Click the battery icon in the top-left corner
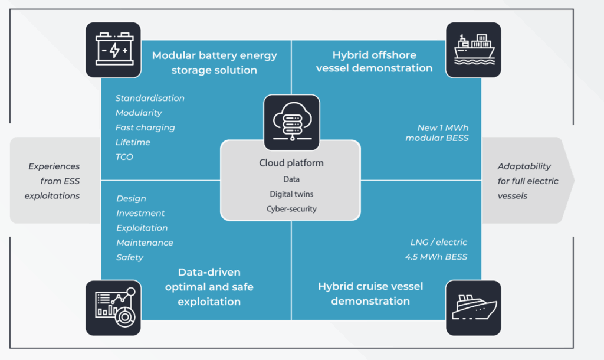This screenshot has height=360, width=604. pos(113,50)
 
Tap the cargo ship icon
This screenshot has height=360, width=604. pos(474,50)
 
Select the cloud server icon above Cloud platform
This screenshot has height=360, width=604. pos(291,123)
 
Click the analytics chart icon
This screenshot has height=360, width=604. pos(113,307)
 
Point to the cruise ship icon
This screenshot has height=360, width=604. pos(474,307)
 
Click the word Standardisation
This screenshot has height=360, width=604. pos(150,99)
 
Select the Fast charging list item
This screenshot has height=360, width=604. pos(145,127)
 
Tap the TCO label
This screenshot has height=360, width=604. pos(124,157)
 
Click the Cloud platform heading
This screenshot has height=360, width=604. pos(291,163)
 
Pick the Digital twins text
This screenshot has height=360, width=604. pos(291,194)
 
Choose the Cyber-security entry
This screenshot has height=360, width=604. pos(291,209)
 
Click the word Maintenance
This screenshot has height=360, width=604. pos(145,243)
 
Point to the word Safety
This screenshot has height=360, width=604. pos(130,257)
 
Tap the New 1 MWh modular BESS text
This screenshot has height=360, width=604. pos(437,133)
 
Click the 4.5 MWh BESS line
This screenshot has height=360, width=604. pos(436,257)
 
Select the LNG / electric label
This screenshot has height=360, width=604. pos(439,242)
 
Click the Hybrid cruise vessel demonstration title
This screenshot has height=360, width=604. pos(370,293)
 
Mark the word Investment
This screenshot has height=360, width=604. pos(140,213)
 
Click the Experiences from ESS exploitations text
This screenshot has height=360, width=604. pos(52,181)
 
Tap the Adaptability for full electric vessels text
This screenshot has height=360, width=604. pos(528,181)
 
